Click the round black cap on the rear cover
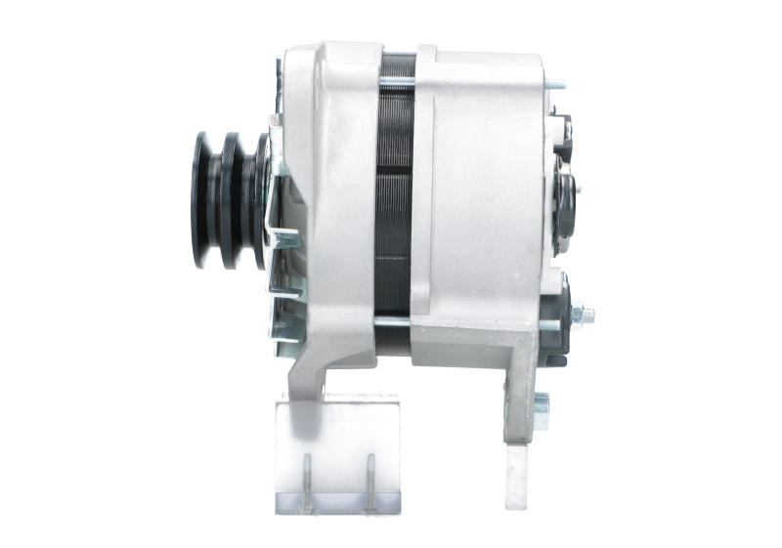[x=565, y=190]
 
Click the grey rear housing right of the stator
[x=479, y=195]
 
